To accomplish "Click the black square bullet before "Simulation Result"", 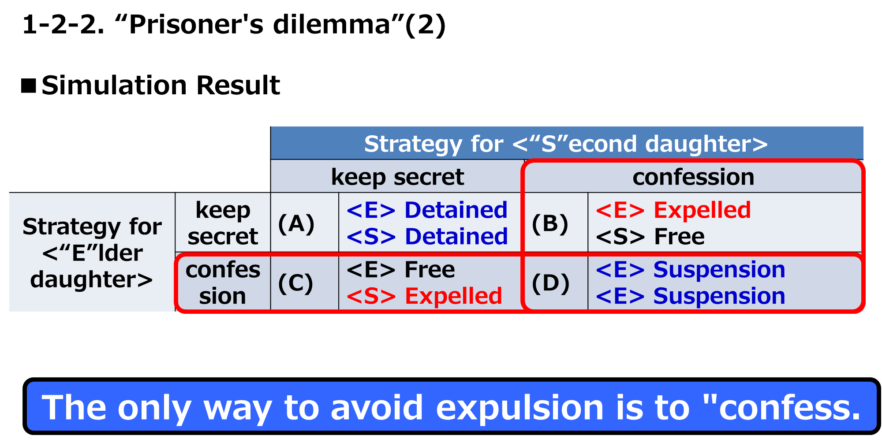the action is (29, 86).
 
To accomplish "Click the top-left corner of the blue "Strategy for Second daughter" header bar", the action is (271, 127).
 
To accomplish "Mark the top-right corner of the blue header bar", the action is (863, 127).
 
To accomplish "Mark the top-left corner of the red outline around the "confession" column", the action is (523, 161).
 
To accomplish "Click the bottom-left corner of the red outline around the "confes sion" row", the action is (176, 311).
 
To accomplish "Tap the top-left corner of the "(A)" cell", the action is (271, 193).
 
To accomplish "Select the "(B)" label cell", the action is (556, 223).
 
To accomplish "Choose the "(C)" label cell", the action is (305, 282).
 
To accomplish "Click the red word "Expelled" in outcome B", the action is (702, 210).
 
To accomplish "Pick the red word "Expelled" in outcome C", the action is (453, 296).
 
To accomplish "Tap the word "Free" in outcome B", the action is (679, 236).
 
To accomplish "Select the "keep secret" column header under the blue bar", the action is (397, 176).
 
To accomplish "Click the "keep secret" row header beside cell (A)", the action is (223, 223).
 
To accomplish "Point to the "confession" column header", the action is (693, 176).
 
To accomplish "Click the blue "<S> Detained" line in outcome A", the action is (427, 236).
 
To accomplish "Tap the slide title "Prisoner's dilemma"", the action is (259, 24).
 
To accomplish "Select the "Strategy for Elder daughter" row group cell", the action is (92, 252).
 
